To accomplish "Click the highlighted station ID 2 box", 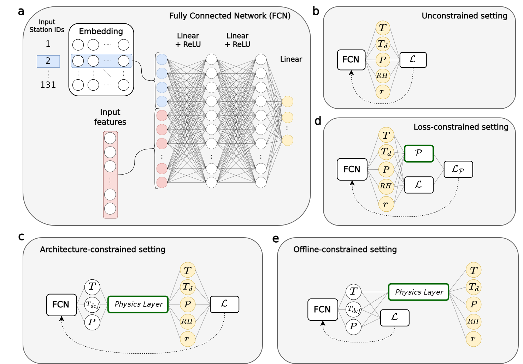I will click(x=48, y=61).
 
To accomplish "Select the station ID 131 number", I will click(x=48, y=85).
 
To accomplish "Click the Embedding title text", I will click(x=101, y=32).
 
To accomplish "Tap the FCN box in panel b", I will click(x=351, y=59).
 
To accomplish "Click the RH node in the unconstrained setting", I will click(x=382, y=75).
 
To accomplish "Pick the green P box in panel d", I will click(x=419, y=153).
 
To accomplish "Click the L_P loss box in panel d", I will click(x=458, y=169).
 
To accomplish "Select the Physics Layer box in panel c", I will click(x=138, y=305).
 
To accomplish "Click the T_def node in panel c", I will click(x=92, y=305).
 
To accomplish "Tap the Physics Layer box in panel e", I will click(x=419, y=292).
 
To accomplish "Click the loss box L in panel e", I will click(x=395, y=318).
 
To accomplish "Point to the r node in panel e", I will click(x=473, y=339).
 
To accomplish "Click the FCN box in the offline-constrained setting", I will click(x=323, y=309).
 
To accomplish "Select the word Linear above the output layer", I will click(x=291, y=59).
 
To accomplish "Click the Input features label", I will click(x=110, y=117).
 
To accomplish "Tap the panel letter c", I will click(x=21, y=237).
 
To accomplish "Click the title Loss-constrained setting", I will click(x=461, y=127).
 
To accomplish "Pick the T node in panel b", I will click(x=383, y=28).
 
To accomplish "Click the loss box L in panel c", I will click(x=224, y=304).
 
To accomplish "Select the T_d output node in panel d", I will click(x=386, y=152).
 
